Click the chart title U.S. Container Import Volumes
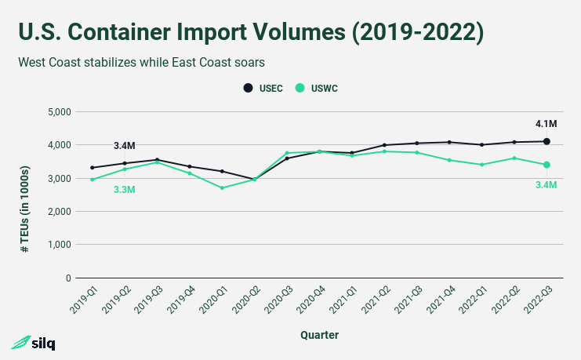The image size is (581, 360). click(x=250, y=32)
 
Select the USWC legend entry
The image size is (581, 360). click(x=318, y=88)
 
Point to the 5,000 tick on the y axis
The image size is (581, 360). click(x=60, y=112)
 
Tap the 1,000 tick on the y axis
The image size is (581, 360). click(x=60, y=245)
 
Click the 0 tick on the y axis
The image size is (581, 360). click(x=68, y=278)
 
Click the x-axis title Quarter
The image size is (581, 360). click(x=319, y=335)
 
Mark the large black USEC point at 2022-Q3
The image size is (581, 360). click(x=547, y=141)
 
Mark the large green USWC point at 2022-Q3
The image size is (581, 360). click(x=547, y=165)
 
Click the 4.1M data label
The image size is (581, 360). click(x=546, y=124)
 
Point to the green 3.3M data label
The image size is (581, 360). click(x=125, y=189)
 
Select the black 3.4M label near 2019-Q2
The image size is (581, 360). click(x=125, y=146)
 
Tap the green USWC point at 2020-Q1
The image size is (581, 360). click(x=222, y=188)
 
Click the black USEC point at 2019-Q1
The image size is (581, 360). click(x=93, y=168)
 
